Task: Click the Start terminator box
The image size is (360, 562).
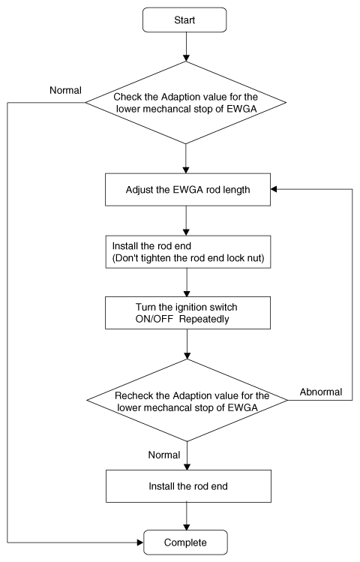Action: (184, 20)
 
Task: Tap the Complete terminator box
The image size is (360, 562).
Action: (185, 542)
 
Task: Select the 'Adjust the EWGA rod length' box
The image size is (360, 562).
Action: (187, 190)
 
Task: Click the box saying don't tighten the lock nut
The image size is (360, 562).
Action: (188, 252)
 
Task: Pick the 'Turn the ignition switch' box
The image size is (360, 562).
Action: (187, 313)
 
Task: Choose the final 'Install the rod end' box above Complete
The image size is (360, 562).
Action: (188, 486)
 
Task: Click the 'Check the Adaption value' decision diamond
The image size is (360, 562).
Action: (186, 103)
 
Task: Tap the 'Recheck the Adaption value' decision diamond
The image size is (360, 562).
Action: (187, 401)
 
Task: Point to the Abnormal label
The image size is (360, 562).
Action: (321, 392)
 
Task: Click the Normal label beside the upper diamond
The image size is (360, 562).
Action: (65, 90)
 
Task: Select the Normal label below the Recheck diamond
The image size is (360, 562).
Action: (164, 455)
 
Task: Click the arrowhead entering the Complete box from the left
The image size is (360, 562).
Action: (140, 542)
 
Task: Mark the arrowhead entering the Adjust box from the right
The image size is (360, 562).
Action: (274, 189)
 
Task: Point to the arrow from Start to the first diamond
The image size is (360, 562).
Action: (186, 47)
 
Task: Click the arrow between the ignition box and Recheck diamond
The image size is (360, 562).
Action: (187, 344)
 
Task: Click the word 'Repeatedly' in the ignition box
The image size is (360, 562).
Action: (204, 319)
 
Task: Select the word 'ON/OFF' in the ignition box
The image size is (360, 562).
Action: (154, 319)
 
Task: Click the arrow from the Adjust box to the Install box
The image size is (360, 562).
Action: (186, 221)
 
